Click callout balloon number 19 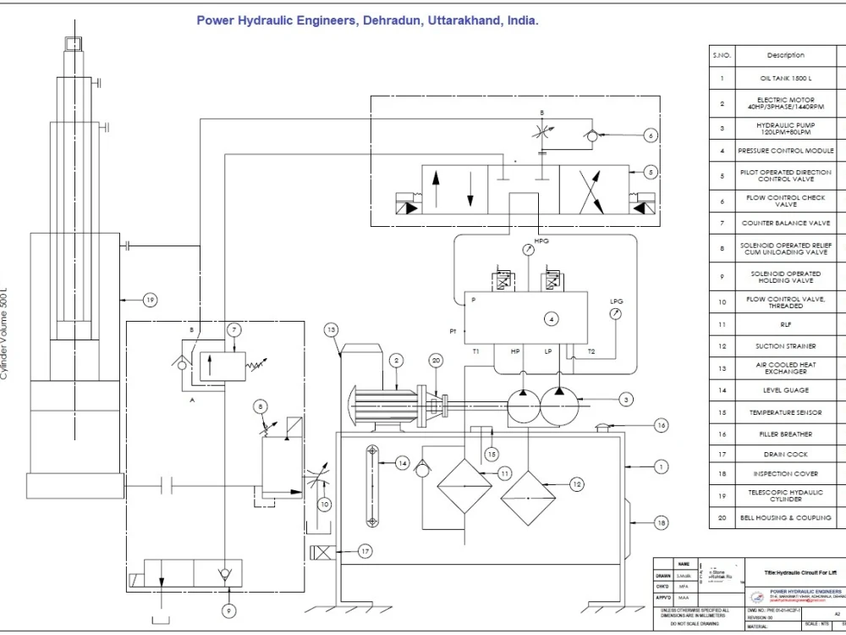pos(150,300)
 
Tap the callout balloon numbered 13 pos(332,329)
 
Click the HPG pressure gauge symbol pos(529,251)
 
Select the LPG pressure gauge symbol pos(616,312)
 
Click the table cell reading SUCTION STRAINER pos(785,346)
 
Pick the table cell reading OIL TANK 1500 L pos(785,78)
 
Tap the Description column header pos(785,55)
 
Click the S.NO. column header pos(722,55)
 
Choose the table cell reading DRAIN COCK pos(785,455)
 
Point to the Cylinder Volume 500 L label pos(6,329)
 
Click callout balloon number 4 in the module pos(551,319)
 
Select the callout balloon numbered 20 pos(436,360)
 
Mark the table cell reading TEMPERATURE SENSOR pos(785,412)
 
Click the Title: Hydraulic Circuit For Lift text pos(799,572)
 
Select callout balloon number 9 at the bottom pos(227,609)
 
